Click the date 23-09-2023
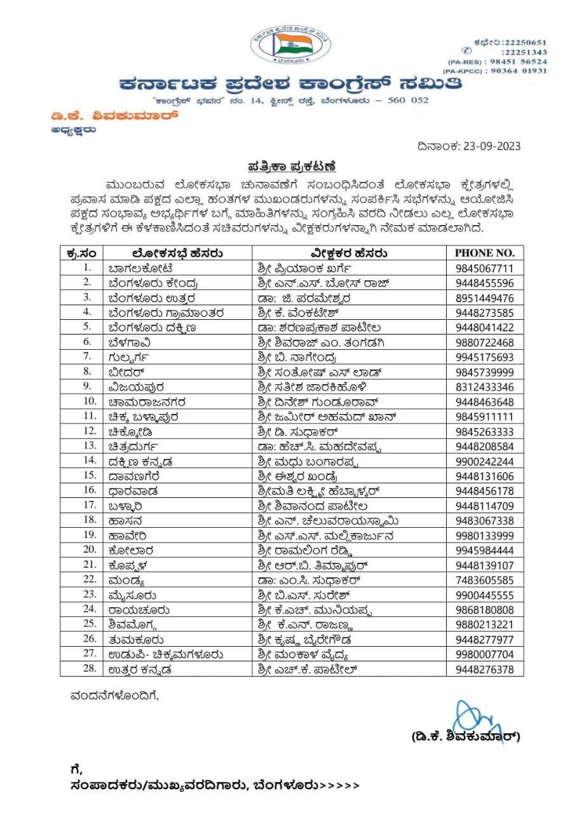[x=490, y=146]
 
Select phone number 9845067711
[x=484, y=268]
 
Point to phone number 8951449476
[x=484, y=298]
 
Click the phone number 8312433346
[x=484, y=387]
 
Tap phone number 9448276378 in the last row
[x=484, y=669]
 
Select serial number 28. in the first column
[x=90, y=669]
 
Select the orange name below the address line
[x=115, y=116]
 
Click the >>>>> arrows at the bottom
[x=340, y=785]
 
